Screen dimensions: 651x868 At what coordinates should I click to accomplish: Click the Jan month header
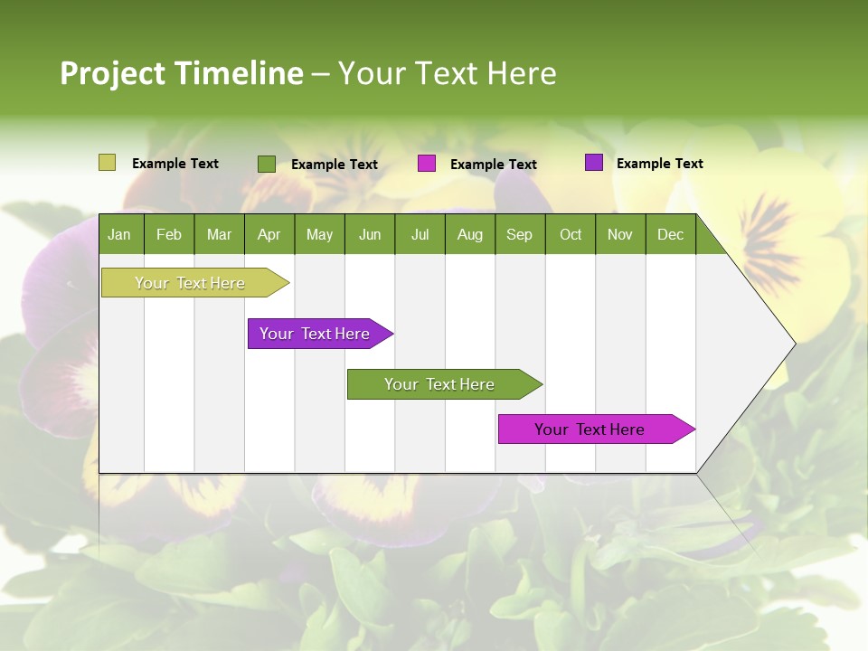(120, 234)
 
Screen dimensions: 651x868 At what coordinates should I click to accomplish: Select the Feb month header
(169, 234)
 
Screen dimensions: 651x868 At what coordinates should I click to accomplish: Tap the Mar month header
(219, 234)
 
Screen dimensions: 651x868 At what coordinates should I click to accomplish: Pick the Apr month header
(269, 234)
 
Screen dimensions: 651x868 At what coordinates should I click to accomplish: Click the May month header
(319, 234)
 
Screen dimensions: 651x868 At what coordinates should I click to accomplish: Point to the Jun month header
(370, 234)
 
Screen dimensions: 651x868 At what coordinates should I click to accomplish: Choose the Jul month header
(420, 234)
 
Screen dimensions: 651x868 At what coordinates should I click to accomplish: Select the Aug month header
(470, 234)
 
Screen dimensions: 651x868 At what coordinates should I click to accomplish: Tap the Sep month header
(520, 234)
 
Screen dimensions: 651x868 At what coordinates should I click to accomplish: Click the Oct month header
(571, 234)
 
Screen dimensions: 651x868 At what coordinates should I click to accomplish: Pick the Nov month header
(620, 234)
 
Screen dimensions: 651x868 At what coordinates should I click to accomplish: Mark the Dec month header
(671, 234)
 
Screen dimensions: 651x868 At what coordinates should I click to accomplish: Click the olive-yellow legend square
(107, 163)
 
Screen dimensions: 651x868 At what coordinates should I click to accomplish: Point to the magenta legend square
(427, 164)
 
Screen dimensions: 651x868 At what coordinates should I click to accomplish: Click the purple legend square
(594, 163)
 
